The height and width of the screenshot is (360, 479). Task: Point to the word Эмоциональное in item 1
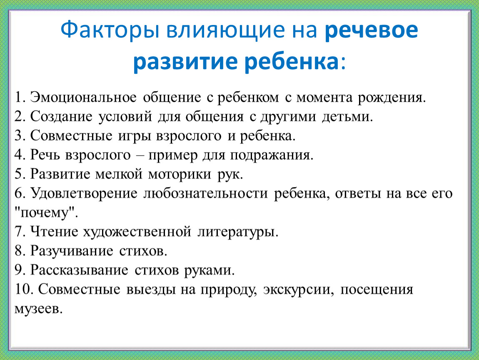point(83,97)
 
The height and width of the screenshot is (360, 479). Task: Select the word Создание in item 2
point(61,117)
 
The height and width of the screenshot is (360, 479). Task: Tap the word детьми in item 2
point(347,117)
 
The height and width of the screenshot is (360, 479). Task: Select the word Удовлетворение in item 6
point(84,194)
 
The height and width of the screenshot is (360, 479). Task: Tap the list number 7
point(20,232)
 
